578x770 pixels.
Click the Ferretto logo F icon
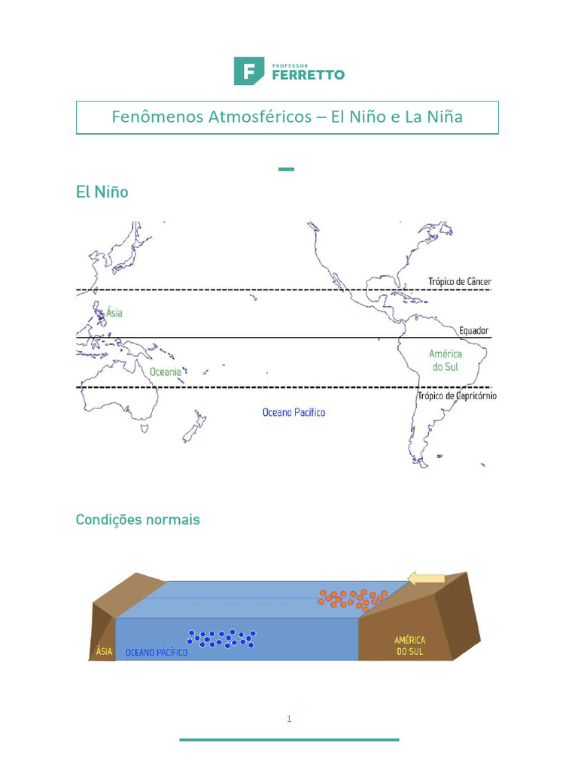tap(248, 71)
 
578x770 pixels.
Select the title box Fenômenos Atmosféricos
tap(287, 117)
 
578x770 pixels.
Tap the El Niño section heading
tap(102, 192)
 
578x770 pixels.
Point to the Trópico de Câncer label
tap(460, 282)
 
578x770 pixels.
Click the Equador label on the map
tap(474, 330)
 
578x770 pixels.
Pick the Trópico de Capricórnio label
tap(457, 396)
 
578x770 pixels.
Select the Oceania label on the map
tap(165, 371)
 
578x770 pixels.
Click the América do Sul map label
tap(446, 360)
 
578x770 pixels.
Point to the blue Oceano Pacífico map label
tap(294, 412)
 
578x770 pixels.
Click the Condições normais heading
tap(138, 520)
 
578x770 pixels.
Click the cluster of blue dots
tap(221, 638)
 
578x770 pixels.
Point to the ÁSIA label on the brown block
tap(104, 651)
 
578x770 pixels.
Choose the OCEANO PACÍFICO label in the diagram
tap(157, 652)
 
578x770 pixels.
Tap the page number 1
tap(289, 719)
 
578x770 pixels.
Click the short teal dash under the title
tap(286, 169)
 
